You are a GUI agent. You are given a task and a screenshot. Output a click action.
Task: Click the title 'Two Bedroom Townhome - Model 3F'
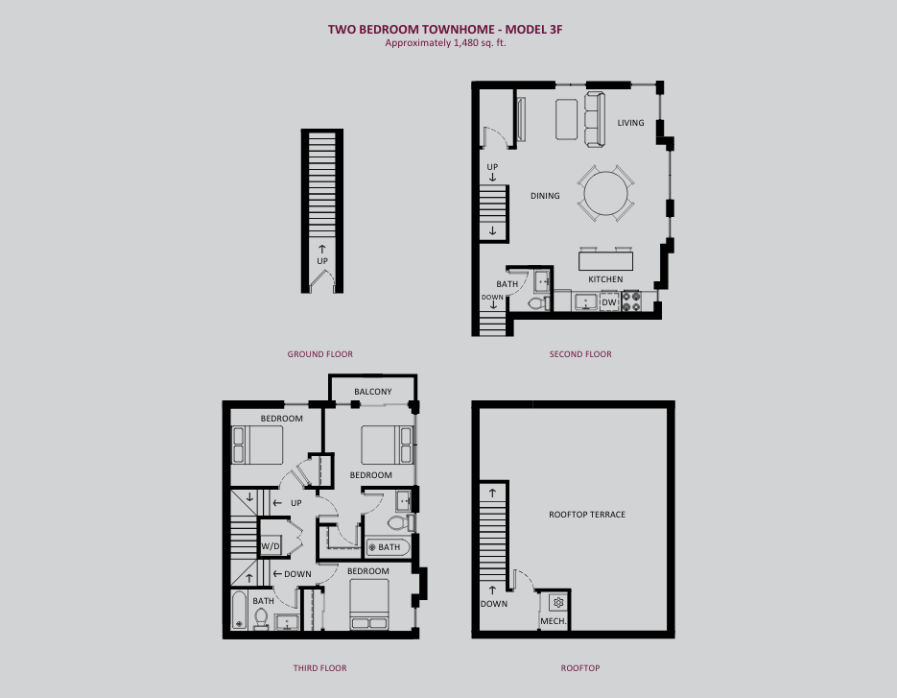(445, 29)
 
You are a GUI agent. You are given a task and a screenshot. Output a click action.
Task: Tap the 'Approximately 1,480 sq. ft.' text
(445, 43)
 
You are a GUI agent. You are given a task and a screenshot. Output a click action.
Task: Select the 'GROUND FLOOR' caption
(319, 354)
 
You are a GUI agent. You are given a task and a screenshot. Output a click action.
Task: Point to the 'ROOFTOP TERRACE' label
(587, 515)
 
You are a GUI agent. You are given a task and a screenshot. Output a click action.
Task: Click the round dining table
(605, 193)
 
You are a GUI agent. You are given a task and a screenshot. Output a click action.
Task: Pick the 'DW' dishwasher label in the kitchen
(609, 302)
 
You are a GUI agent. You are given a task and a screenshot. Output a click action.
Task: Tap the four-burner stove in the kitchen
(631, 301)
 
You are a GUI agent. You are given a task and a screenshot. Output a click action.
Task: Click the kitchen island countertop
(605, 260)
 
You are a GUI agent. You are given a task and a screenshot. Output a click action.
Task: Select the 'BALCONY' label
(372, 392)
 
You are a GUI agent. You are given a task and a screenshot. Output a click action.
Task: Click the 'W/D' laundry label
(270, 546)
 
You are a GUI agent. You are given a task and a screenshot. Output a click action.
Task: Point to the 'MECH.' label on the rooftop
(554, 620)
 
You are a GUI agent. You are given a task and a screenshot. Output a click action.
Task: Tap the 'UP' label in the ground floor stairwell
(322, 261)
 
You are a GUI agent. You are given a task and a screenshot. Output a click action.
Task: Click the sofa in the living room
(595, 118)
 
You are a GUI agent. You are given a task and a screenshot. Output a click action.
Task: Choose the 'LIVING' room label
(630, 123)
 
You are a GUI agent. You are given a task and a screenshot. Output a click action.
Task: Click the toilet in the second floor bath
(538, 302)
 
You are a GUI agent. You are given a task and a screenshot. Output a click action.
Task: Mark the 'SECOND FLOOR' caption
(580, 354)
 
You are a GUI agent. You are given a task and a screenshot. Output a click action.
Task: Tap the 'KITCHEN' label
(605, 279)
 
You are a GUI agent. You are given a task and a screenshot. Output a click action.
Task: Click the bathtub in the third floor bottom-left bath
(239, 611)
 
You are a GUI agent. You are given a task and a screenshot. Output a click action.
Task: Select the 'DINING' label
(545, 196)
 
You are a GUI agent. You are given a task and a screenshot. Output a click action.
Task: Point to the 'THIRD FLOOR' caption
(319, 667)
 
